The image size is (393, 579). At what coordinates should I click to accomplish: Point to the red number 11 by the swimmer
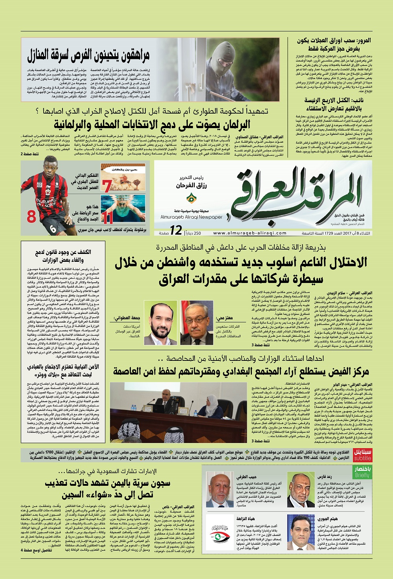pyautogui.click(x=107, y=217)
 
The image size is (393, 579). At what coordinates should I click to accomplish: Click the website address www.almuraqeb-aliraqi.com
pyautogui.click(x=250, y=233)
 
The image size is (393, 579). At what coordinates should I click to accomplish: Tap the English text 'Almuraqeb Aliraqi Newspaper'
pyautogui.click(x=191, y=217)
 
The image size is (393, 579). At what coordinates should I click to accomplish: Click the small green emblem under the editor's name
pyautogui.click(x=191, y=197)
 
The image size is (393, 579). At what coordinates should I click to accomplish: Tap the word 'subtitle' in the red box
pyautogui.click(x=362, y=458)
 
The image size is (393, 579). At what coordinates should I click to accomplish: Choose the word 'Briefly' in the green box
pyautogui.click(x=362, y=475)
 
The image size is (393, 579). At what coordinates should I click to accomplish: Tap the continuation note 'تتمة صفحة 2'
pyautogui.click(x=30, y=154)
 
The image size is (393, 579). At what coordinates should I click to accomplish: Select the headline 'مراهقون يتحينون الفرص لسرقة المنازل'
pyautogui.click(x=88, y=56)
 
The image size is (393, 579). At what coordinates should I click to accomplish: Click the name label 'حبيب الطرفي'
pyautogui.click(x=247, y=477)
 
